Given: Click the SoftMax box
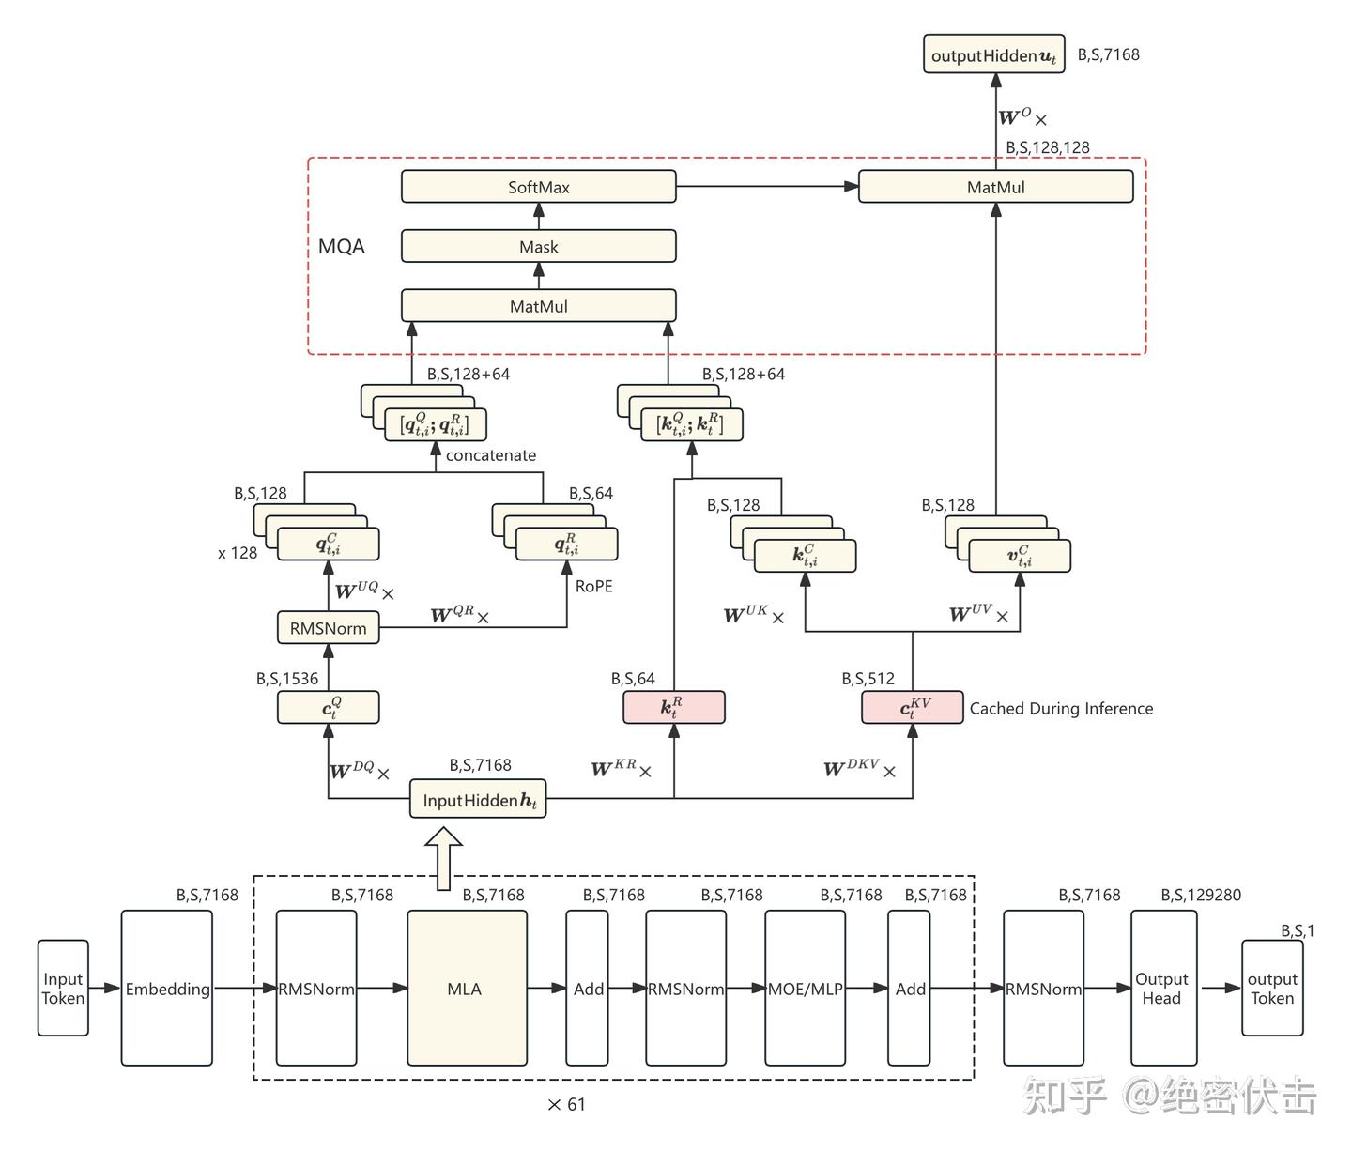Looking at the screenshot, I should point(538,187).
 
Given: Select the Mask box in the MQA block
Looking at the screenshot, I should point(538,247).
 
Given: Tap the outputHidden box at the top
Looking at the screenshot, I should point(994,55).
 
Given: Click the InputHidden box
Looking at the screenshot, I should point(478,800).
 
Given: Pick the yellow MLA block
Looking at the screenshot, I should point(466,989).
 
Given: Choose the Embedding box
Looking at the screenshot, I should point(167,989).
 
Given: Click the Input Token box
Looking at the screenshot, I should point(63,989).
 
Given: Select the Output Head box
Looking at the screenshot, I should point(1162,989).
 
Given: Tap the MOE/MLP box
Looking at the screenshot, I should point(805,989).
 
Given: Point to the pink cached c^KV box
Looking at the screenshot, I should point(912,708).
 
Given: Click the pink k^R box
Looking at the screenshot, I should point(673,708).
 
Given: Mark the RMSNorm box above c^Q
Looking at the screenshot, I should point(328,628).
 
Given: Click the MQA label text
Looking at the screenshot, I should point(342,247).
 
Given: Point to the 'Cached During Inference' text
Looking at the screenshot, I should point(1061,709).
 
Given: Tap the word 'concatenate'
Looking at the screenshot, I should point(491,455).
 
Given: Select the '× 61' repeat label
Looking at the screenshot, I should point(566,1105).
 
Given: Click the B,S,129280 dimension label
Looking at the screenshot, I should point(1201,896).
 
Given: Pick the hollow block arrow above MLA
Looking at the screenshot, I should point(443,857).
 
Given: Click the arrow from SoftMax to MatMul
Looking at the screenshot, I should point(766,187).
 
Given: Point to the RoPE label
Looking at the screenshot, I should point(593,587).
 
